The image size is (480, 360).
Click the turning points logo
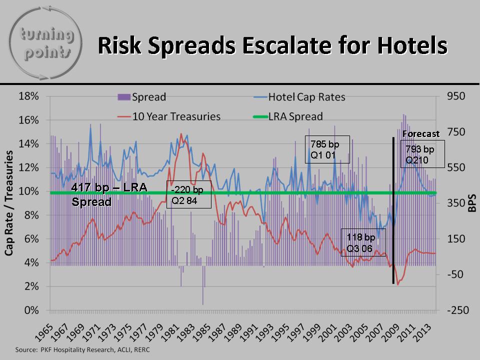click(x=45, y=43)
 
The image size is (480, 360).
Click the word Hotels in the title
click(x=412, y=45)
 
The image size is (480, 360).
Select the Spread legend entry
click(x=141, y=97)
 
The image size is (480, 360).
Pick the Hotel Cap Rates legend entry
click(x=299, y=97)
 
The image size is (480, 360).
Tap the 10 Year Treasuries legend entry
click(x=169, y=116)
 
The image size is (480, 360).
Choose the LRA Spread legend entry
click(x=288, y=116)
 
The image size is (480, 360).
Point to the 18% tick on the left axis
click(x=29, y=96)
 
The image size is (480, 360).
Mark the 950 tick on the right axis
click(x=456, y=96)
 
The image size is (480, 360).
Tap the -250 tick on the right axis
click(x=458, y=310)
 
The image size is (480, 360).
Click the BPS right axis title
click(x=472, y=203)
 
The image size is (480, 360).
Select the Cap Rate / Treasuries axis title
click(x=9, y=203)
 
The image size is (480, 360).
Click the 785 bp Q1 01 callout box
click(x=327, y=149)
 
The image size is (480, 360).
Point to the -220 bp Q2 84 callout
click(x=189, y=194)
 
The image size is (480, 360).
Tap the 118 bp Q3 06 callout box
click(x=363, y=242)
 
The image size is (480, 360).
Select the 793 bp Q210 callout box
click(x=422, y=154)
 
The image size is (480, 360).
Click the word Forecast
click(x=421, y=134)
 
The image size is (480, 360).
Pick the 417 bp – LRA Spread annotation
click(x=109, y=194)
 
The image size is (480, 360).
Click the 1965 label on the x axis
click(x=43, y=332)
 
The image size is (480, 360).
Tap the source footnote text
click(x=82, y=349)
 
